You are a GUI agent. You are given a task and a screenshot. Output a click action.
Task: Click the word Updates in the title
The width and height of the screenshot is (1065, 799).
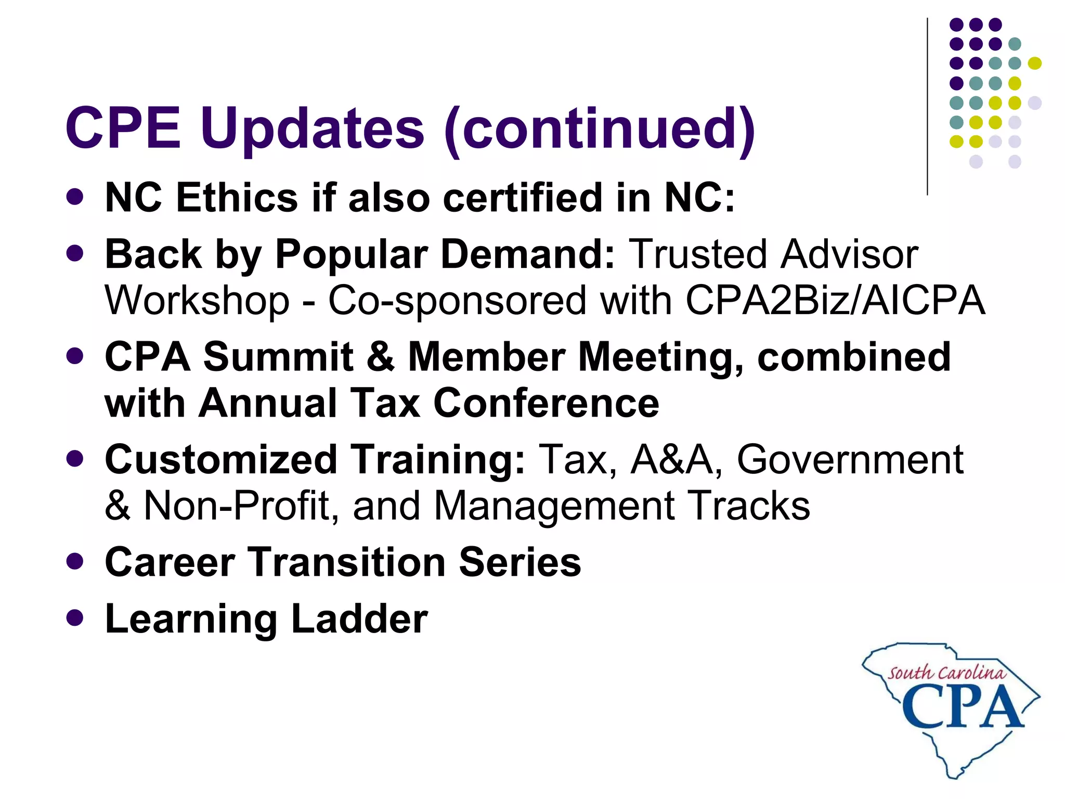pos(312,128)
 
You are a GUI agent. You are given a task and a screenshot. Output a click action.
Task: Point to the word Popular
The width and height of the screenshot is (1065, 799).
pos(351,255)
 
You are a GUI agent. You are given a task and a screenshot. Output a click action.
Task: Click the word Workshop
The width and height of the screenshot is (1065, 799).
pos(197,301)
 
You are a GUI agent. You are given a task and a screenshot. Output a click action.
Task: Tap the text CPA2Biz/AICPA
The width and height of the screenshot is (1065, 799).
pos(835,301)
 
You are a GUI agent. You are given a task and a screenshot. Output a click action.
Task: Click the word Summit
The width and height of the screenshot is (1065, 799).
pos(278,357)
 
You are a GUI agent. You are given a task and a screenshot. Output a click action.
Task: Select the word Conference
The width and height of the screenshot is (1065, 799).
pos(546,404)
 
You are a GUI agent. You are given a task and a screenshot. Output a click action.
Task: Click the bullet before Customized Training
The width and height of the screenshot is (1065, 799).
pos(75,459)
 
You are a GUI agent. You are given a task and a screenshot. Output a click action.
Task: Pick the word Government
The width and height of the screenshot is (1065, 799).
pos(850,460)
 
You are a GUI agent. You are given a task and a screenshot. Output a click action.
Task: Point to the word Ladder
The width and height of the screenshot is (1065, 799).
pos(359,619)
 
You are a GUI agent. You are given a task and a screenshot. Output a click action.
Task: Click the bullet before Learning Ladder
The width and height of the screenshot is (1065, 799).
pos(75,618)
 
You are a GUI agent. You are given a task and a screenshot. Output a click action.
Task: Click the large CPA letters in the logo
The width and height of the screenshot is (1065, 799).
pos(962,706)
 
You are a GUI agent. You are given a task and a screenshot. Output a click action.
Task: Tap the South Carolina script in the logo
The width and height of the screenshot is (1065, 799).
pos(946,673)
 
